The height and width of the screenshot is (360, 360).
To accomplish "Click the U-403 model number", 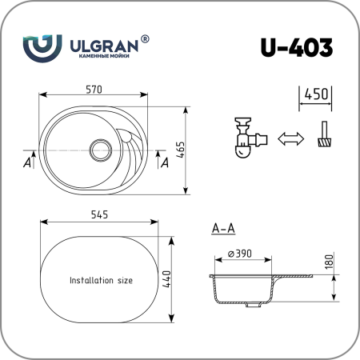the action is click(297, 47).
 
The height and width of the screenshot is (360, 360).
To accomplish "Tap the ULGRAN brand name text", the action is click(104, 46).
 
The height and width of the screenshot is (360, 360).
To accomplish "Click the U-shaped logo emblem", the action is click(42, 48).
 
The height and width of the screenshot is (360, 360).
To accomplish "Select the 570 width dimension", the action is click(94, 90).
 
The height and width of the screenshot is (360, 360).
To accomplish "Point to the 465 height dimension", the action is click(181, 150).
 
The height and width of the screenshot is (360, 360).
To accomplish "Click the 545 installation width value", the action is click(99, 214).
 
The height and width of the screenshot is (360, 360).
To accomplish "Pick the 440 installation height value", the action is click(166, 279).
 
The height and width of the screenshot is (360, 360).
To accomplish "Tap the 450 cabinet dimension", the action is click(316, 94).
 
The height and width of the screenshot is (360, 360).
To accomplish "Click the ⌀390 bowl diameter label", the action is click(240, 254).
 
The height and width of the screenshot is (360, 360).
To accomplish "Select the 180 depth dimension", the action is click(329, 262).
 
